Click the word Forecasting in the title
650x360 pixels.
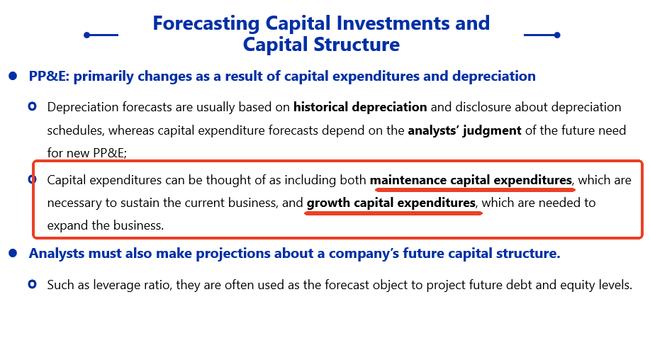(206, 24)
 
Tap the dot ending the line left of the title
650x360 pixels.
(86, 35)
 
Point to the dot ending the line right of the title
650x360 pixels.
(557, 35)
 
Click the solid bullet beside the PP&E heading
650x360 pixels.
(13, 76)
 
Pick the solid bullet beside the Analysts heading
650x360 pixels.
(13, 253)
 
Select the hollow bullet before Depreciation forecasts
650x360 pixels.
(33, 106)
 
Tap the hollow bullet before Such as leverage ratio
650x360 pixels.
(33, 284)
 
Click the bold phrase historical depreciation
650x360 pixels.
(360, 107)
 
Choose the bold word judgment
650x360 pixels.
(492, 130)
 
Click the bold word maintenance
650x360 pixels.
(408, 180)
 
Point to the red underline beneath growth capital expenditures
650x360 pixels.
(393, 213)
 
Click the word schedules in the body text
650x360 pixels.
(75, 130)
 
